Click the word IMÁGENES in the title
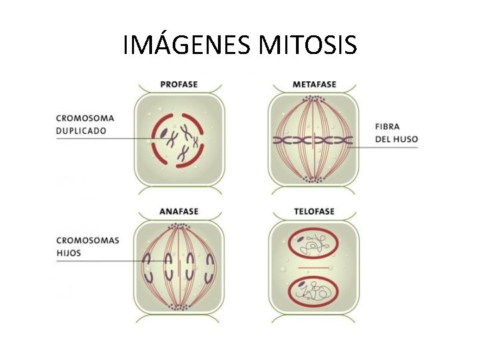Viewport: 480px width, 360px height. tap(187, 45)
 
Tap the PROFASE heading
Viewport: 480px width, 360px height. tap(179, 85)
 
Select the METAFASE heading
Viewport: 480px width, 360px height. tap(314, 85)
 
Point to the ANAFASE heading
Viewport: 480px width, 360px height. tap(179, 212)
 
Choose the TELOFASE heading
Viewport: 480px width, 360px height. tap(314, 212)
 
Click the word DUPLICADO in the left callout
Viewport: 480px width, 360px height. tap(81, 131)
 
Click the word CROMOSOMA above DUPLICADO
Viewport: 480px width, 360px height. tap(81, 119)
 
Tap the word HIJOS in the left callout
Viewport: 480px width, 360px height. tap(68, 253)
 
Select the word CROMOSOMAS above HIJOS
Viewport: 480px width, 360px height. tap(87, 241)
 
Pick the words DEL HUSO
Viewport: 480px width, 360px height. tap(397, 139)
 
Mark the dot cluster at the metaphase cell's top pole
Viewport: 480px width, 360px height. tap(313, 99)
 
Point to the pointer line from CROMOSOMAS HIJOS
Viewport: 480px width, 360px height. tap(100, 261)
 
